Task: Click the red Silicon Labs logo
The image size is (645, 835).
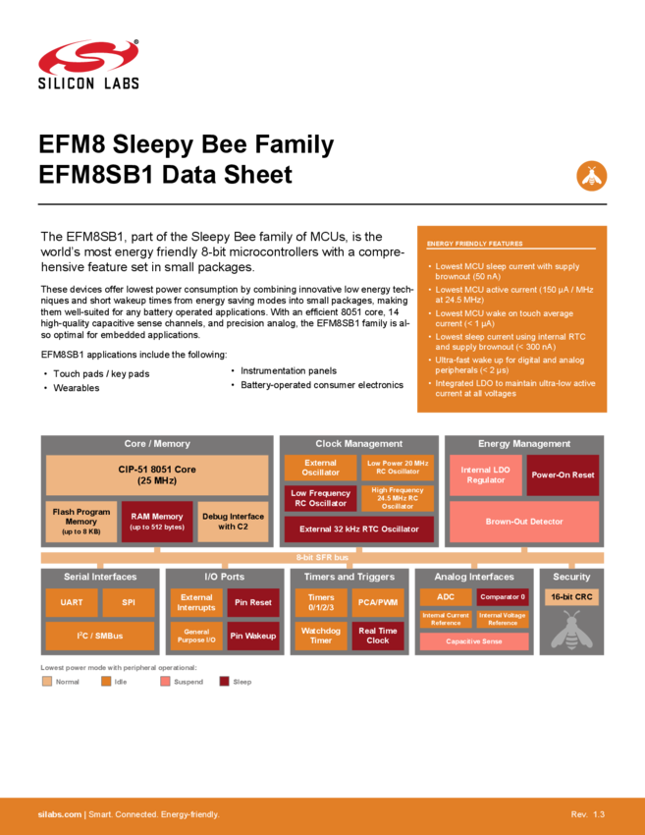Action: tap(88, 57)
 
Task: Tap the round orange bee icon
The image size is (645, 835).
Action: tap(591, 175)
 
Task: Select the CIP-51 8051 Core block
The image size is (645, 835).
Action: tap(157, 475)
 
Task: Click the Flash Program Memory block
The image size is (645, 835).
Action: tap(81, 522)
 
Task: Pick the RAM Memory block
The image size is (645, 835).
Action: tap(156, 522)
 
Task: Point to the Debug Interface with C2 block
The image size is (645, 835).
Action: tap(233, 522)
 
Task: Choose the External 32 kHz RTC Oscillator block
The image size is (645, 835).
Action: tap(358, 529)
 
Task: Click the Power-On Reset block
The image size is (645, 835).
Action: tap(563, 475)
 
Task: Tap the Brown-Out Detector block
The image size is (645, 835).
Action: tap(523, 522)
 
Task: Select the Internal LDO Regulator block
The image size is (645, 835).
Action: tap(485, 475)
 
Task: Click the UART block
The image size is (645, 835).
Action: tap(72, 602)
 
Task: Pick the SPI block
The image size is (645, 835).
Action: tap(128, 602)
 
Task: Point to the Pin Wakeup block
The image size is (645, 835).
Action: tap(253, 636)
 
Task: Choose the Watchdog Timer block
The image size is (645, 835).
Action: tap(321, 636)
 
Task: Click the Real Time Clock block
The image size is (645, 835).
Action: tap(378, 636)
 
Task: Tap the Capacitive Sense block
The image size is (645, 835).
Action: tap(474, 641)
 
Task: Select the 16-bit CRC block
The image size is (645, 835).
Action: tap(571, 597)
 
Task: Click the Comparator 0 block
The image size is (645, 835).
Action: tap(503, 597)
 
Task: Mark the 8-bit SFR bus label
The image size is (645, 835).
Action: tap(322, 558)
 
